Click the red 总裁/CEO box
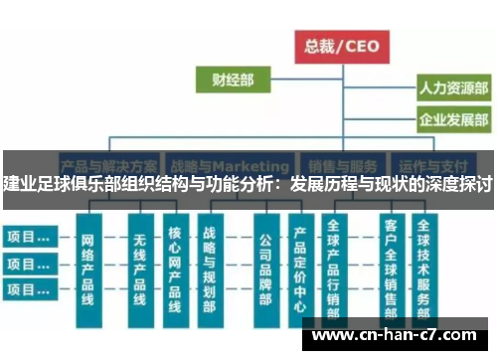(341, 45)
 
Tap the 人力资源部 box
(452, 90)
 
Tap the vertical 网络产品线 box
(87, 269)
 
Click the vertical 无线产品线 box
(139, 269)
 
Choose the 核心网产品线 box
(174, 269)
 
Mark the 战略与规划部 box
(209, 269)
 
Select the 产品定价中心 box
(300, 269)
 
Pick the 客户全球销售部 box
(390, 269)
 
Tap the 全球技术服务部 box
(424, 269)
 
